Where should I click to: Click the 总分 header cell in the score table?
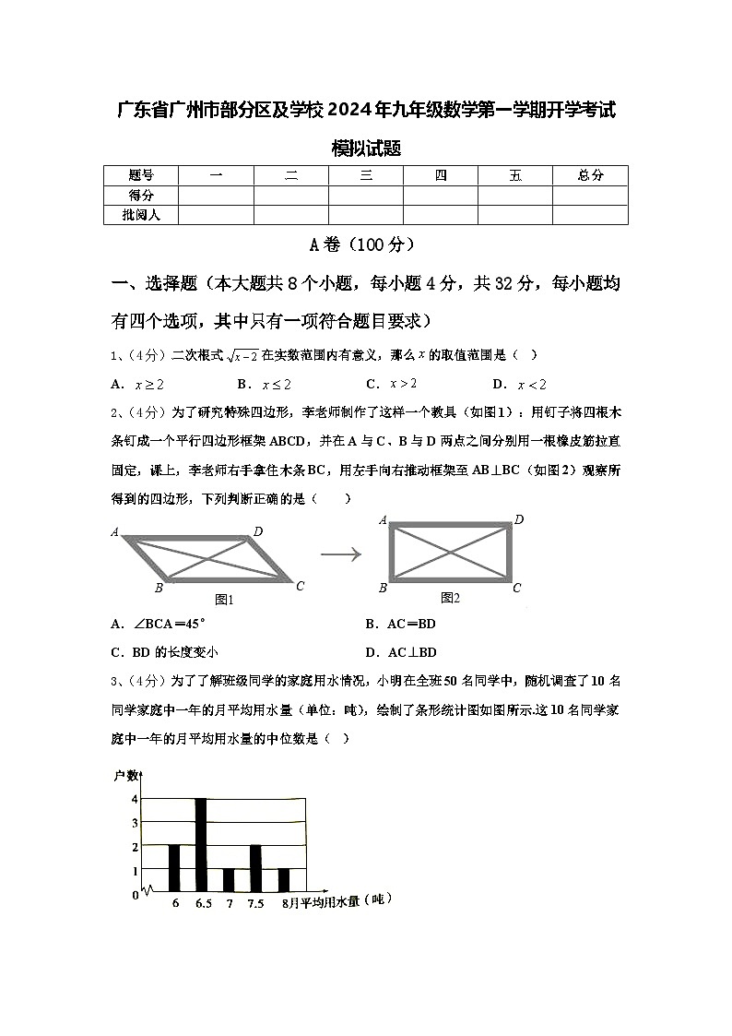pyautogui.click(x=590, y=175)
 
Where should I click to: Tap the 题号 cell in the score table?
pyautogui.click(x=140, y=175)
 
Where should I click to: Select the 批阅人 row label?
pyautogui.click(x=140, y=214)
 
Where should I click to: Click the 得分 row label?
pyautogui.click(x=140, y=195)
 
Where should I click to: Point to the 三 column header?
pyautogui.click(x=366, y=175)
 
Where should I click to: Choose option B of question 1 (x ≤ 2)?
pyautogui.click(x=264, y=385)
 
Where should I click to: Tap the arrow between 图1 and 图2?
pyautogui.click(x=339, y=554)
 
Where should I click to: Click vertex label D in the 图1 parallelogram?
pyautogui.click(x=258, y=530)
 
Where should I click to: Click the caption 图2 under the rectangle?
pyautogui.click(x=450, y=598)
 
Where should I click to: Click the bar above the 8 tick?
pyautogui.click(x=284, y=880)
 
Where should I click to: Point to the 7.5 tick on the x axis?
pyautogui.click(x=255, y=904)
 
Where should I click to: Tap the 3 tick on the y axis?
pyautogui.click(x=135, y=822)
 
